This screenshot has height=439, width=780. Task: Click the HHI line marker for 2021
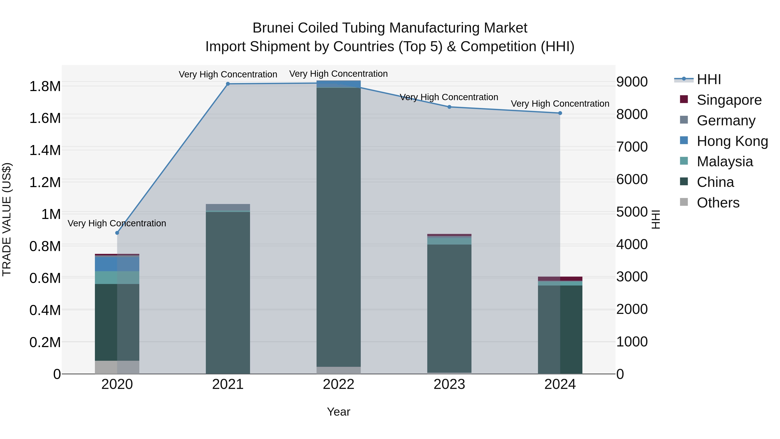[228, 84]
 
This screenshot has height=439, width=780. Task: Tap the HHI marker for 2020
[117, 233]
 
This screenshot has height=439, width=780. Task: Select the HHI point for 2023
[449, 107]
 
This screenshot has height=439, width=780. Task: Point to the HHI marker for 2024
[560, 113]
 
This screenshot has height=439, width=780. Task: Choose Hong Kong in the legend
[732, 141]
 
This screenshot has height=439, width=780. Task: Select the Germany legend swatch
[684, 120]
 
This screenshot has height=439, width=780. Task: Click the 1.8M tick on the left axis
[45, 86]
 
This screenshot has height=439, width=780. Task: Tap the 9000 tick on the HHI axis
[632, 82]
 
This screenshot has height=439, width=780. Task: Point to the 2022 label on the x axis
[338, 384]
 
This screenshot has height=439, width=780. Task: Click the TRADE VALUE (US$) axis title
[7, 219]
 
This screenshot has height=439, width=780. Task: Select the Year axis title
[338, 412]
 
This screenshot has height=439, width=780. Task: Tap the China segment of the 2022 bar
[338, 227]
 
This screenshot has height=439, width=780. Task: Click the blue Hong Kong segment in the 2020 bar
[117, 264]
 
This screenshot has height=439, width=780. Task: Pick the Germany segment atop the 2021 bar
[228, 207]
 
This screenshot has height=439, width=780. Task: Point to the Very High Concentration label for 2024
[560, 104]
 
